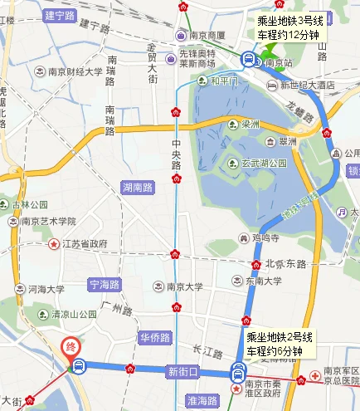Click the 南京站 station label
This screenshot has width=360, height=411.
point(285,62)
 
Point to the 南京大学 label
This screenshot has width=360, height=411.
point(182,286)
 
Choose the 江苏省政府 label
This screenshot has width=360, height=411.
point(85,244)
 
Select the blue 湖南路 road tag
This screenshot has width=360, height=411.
point(137,187)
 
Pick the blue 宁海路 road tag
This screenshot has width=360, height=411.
point(105,285)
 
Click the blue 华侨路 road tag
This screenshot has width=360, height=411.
point(154,338)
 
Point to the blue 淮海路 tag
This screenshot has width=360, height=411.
point(202,400)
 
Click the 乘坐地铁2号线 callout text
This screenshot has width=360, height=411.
point(279,338)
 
